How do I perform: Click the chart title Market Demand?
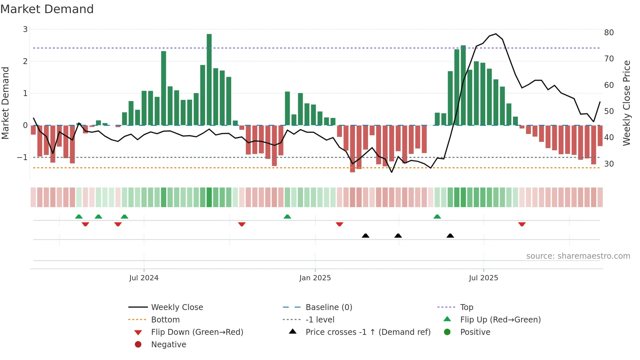[47, 9]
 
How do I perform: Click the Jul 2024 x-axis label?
[144, 278]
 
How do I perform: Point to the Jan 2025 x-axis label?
[315, 278]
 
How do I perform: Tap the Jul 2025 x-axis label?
[484, 278]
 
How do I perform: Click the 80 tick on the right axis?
[609, 33]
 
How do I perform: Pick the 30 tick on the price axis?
[609, 164]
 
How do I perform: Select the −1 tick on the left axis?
[23, 157]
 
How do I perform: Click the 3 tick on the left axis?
[25, 29]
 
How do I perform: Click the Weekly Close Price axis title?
[626, 103]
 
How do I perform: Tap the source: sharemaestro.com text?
[578, 256]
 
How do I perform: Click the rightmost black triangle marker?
[450, 236]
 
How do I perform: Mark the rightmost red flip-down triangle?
[522, 224]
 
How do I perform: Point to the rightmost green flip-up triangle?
[437, 217]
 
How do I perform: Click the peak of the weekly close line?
[496, 34]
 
